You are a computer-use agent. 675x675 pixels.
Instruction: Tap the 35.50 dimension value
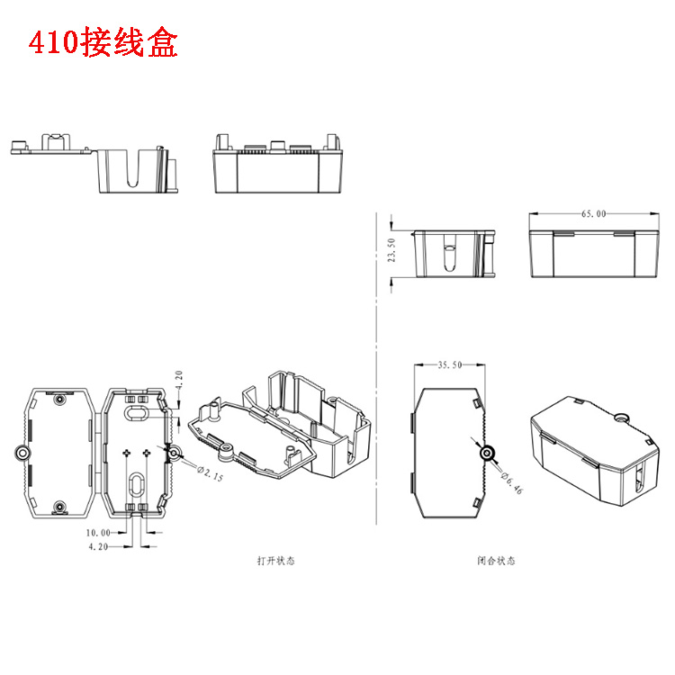(449, 365)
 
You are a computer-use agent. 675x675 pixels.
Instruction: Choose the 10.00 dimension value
(99, 533)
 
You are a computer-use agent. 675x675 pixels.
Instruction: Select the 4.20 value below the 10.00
(99, 546)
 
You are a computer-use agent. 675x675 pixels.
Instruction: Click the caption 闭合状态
(497, 561)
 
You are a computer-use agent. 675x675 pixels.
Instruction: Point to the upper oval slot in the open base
(136, 412)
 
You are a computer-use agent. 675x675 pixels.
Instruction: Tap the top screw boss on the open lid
(59, 399)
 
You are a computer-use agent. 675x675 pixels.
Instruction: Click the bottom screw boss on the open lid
(59, 507)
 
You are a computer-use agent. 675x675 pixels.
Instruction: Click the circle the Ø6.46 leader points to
(489, 453)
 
